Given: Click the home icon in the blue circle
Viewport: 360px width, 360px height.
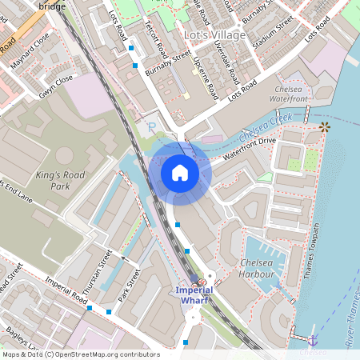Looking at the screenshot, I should pos(180,173).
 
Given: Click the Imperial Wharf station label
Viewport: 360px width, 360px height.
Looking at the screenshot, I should pos(194,294).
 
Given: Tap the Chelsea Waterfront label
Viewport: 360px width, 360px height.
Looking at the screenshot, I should pos(290,94).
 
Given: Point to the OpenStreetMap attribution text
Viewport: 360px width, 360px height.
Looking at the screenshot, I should pos(80,354).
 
